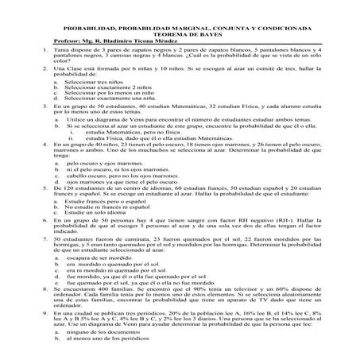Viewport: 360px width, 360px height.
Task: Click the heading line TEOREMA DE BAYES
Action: coord(179,22)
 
